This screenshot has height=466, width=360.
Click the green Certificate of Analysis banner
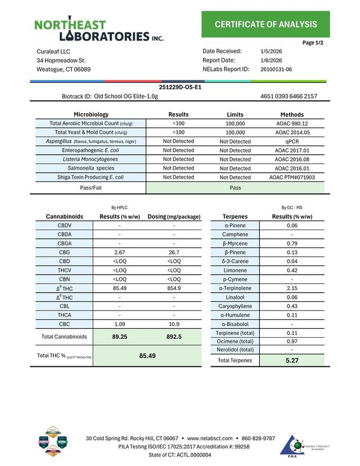point(265,24)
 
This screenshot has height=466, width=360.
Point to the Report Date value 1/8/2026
point(272,60)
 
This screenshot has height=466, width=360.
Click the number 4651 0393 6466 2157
point(289,96)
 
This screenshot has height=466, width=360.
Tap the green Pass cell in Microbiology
point(236,187)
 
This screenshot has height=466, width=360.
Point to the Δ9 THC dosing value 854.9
point(174,288)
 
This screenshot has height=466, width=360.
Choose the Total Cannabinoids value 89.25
point(119,337)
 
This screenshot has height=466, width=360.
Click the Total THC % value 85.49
point(147,356)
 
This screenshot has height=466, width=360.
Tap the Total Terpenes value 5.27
point(292,360)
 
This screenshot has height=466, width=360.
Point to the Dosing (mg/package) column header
point(174,216)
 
